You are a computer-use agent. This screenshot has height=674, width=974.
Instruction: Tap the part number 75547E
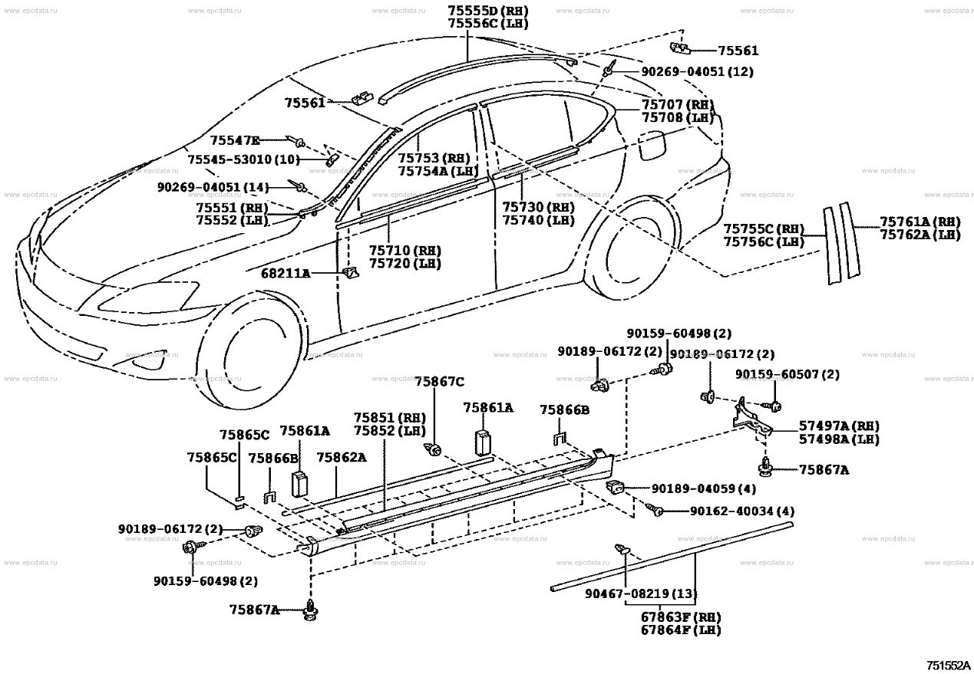[235, 140]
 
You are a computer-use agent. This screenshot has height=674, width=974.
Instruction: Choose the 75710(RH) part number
[404, 251]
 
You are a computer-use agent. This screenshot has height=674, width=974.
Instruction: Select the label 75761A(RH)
[920, 222]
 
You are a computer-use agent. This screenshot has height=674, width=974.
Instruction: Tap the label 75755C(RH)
[764, 229]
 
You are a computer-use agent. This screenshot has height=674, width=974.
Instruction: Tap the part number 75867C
[440, 381]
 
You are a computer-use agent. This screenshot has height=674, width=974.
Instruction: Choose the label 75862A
[341, 458]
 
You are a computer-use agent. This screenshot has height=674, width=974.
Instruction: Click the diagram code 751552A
[947, 664]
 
